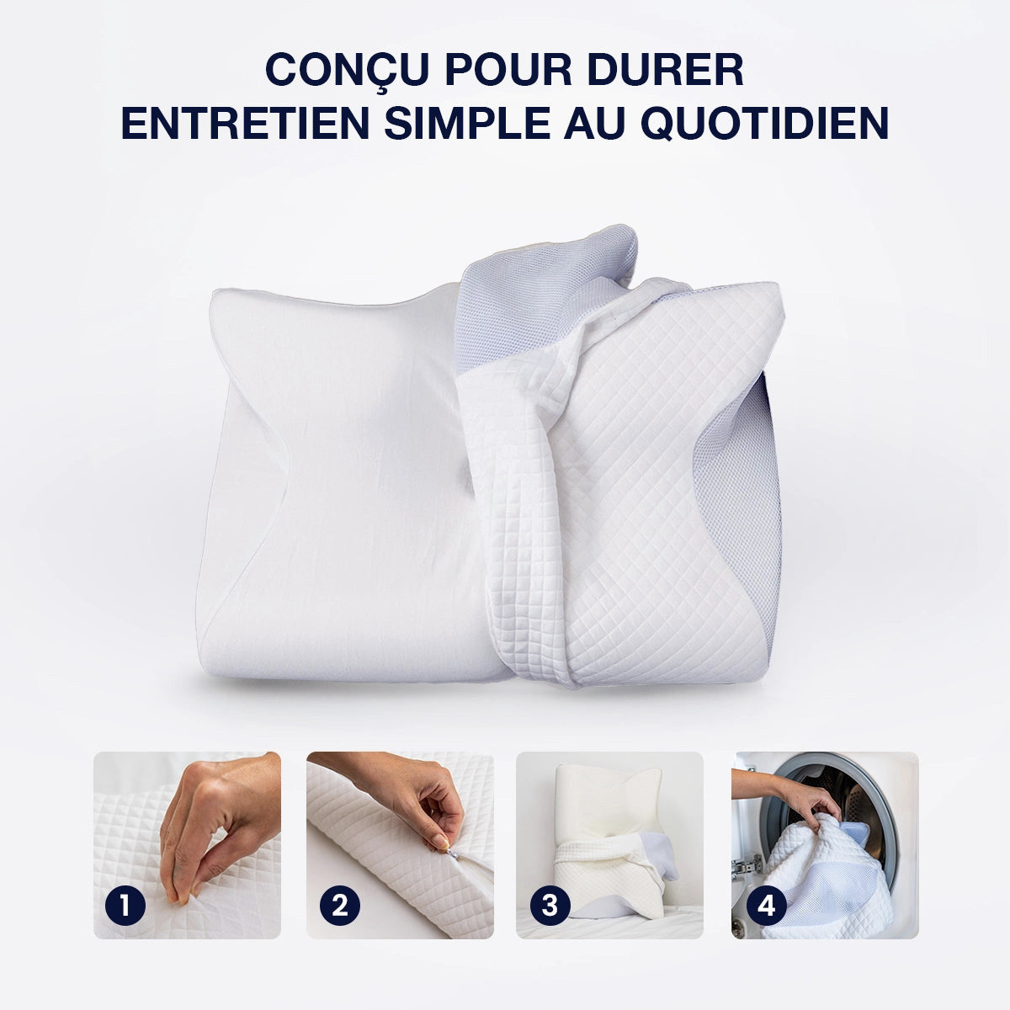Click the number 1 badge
tap(125, 906)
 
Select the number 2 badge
tap(339, 906)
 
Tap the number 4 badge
tap(766, 906)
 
